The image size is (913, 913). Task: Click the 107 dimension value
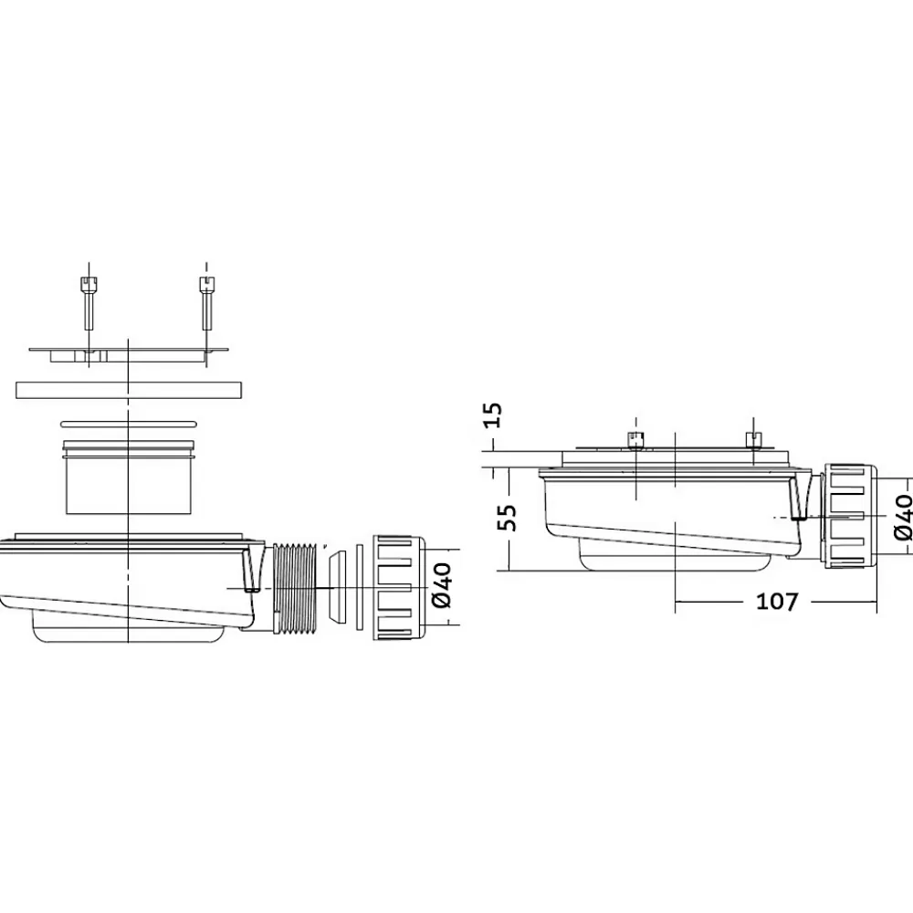pyautogui.click(x=777, y=602)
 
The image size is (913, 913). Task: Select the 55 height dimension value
pyautogui.click(x=507, y=518)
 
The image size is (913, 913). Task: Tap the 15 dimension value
pyautogui.click(x=493, y=415)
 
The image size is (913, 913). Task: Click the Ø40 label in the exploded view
pyautogui.click(x=442, y=584)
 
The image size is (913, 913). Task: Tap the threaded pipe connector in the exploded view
pyautogui.click(x=293, y=587)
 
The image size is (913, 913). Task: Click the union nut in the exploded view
pyautogui.click(x=400, y=587)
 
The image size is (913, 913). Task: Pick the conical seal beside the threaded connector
pyautogui.click(x=336, y=588)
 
